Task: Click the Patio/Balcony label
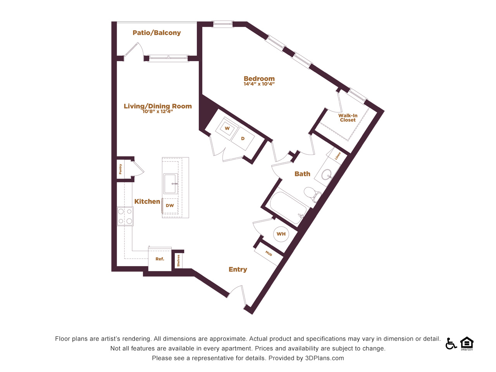157,33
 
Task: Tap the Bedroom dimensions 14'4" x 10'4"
259,84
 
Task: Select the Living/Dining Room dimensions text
157,111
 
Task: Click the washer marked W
227,129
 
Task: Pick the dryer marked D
243,138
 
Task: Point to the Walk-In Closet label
348,118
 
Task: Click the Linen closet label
338,156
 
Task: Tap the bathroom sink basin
327,174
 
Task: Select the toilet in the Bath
312,194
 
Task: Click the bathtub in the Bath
288,208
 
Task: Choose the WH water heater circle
281,234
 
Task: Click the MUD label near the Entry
269,253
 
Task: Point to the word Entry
238,269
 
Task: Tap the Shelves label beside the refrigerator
178,260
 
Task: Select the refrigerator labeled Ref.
160,259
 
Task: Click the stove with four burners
125,216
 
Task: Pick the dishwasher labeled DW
170,205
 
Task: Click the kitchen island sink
171,184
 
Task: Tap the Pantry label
120,169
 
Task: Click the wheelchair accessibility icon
451,344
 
